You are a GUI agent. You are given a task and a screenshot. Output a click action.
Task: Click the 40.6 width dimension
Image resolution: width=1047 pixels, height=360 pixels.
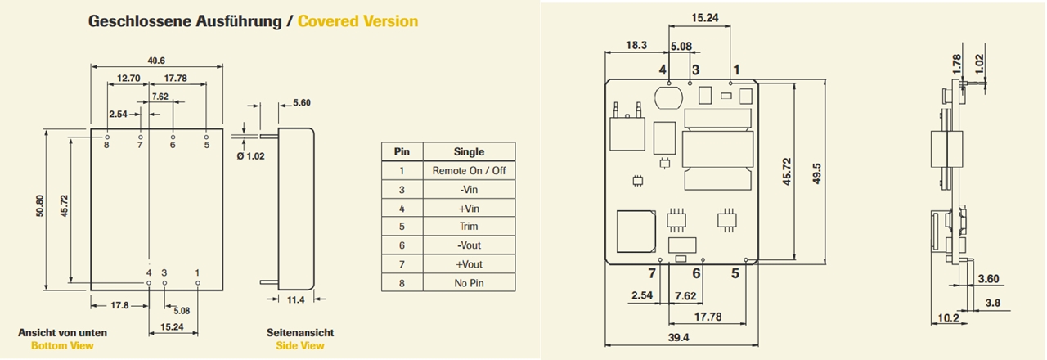[156, 60]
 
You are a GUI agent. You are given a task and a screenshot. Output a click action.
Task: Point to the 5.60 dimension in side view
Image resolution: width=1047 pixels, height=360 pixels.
[301, 103]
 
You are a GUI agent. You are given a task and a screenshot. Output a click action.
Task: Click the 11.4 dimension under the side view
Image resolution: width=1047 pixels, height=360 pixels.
[296, 300]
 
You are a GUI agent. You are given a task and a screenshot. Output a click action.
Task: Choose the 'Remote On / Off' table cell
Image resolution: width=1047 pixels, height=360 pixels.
[469, 170]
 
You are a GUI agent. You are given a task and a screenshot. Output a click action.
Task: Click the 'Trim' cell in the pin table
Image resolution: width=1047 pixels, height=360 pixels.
[469, 226]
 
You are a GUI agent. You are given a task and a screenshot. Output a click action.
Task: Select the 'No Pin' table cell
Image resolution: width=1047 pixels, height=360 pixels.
[469, 283]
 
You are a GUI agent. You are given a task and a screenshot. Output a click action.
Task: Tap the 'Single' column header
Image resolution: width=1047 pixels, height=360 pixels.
[469, 151]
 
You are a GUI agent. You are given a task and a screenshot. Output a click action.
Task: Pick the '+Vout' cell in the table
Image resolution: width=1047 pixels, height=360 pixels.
[469, 264]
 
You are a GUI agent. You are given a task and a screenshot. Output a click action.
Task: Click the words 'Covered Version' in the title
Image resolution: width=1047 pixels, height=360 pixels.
[357, 21]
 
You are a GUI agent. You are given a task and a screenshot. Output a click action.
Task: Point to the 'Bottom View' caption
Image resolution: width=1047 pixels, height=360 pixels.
[62, 345]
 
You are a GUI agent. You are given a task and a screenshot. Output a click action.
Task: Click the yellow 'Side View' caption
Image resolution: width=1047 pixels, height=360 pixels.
[299, 345]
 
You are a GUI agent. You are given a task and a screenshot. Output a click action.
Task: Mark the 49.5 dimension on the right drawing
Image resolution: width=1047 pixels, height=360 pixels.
[816, 173]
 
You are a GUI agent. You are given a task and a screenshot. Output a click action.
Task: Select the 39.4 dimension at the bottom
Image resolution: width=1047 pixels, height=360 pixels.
[679, 337]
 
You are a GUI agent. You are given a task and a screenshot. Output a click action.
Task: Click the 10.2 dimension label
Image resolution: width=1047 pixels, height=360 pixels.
[948, 318]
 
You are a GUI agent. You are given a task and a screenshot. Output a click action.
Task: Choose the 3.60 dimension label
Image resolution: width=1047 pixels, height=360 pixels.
[988, 280]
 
